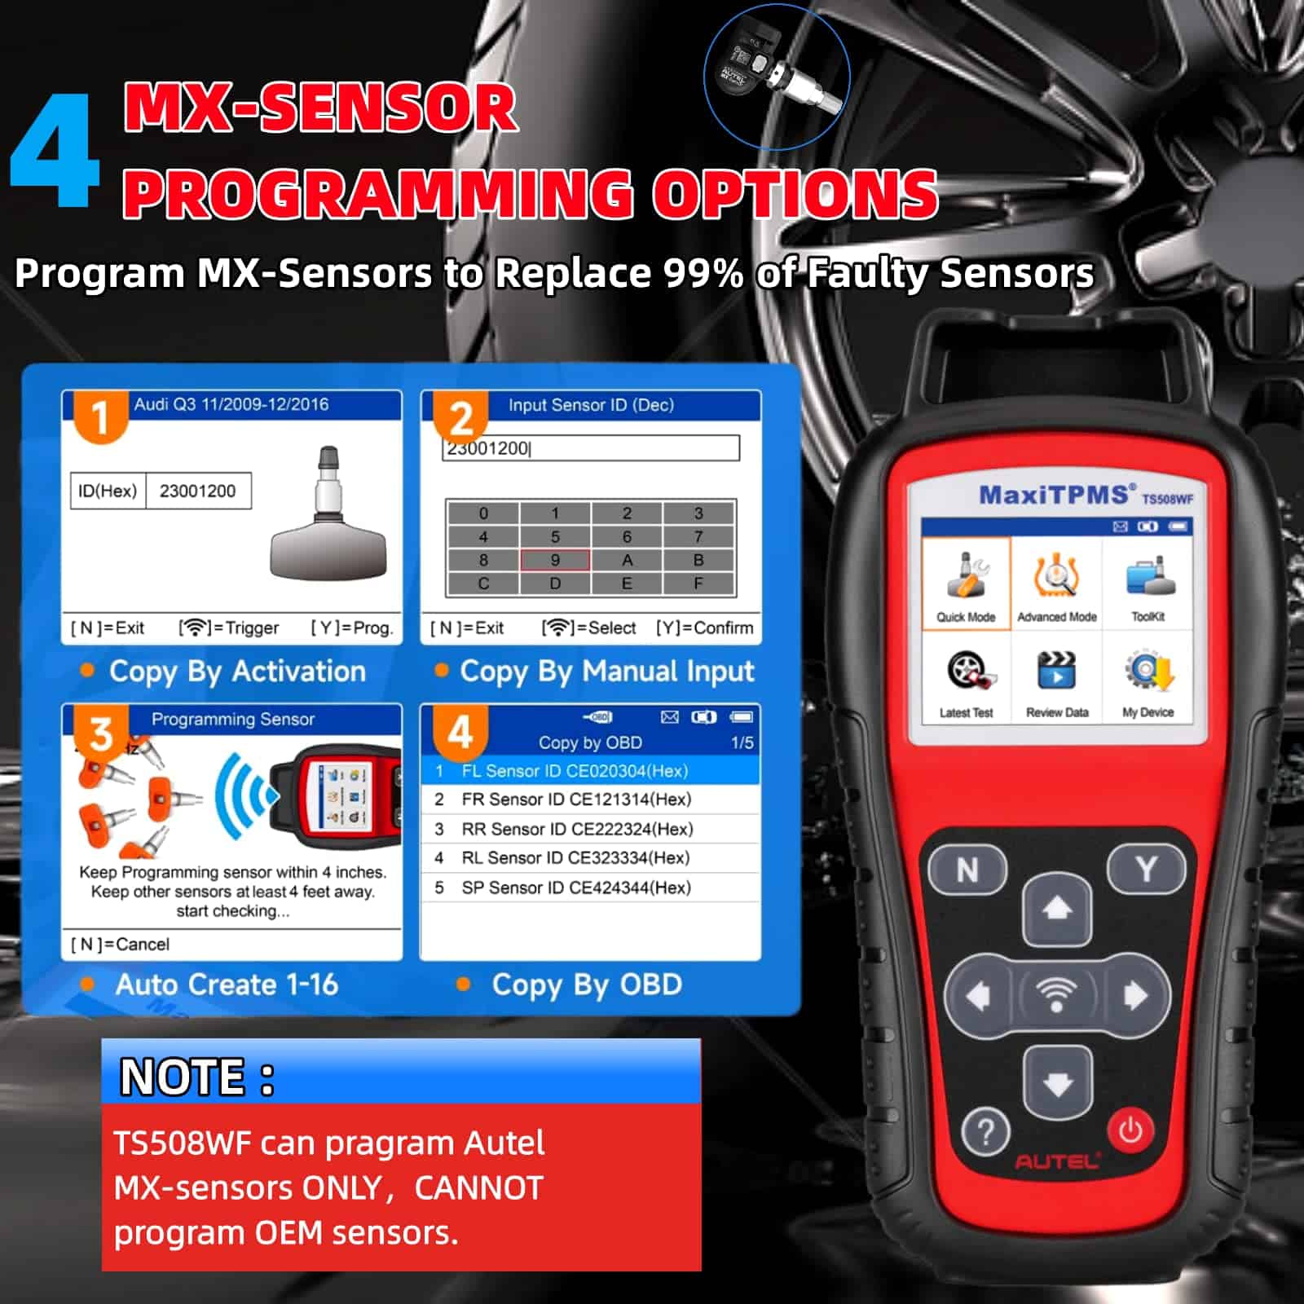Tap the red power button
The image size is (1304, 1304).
(x=1130, y=1130)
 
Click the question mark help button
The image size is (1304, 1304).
(x=986, y=1132)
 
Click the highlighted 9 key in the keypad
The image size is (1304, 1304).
(x=555, y=560)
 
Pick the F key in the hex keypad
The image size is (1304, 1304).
(x=698, y=584)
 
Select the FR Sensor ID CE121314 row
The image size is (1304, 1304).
(x=590, y=800)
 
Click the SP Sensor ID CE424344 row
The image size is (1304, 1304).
(x=590, y=888)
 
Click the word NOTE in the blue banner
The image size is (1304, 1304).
(x=183, y=1077)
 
